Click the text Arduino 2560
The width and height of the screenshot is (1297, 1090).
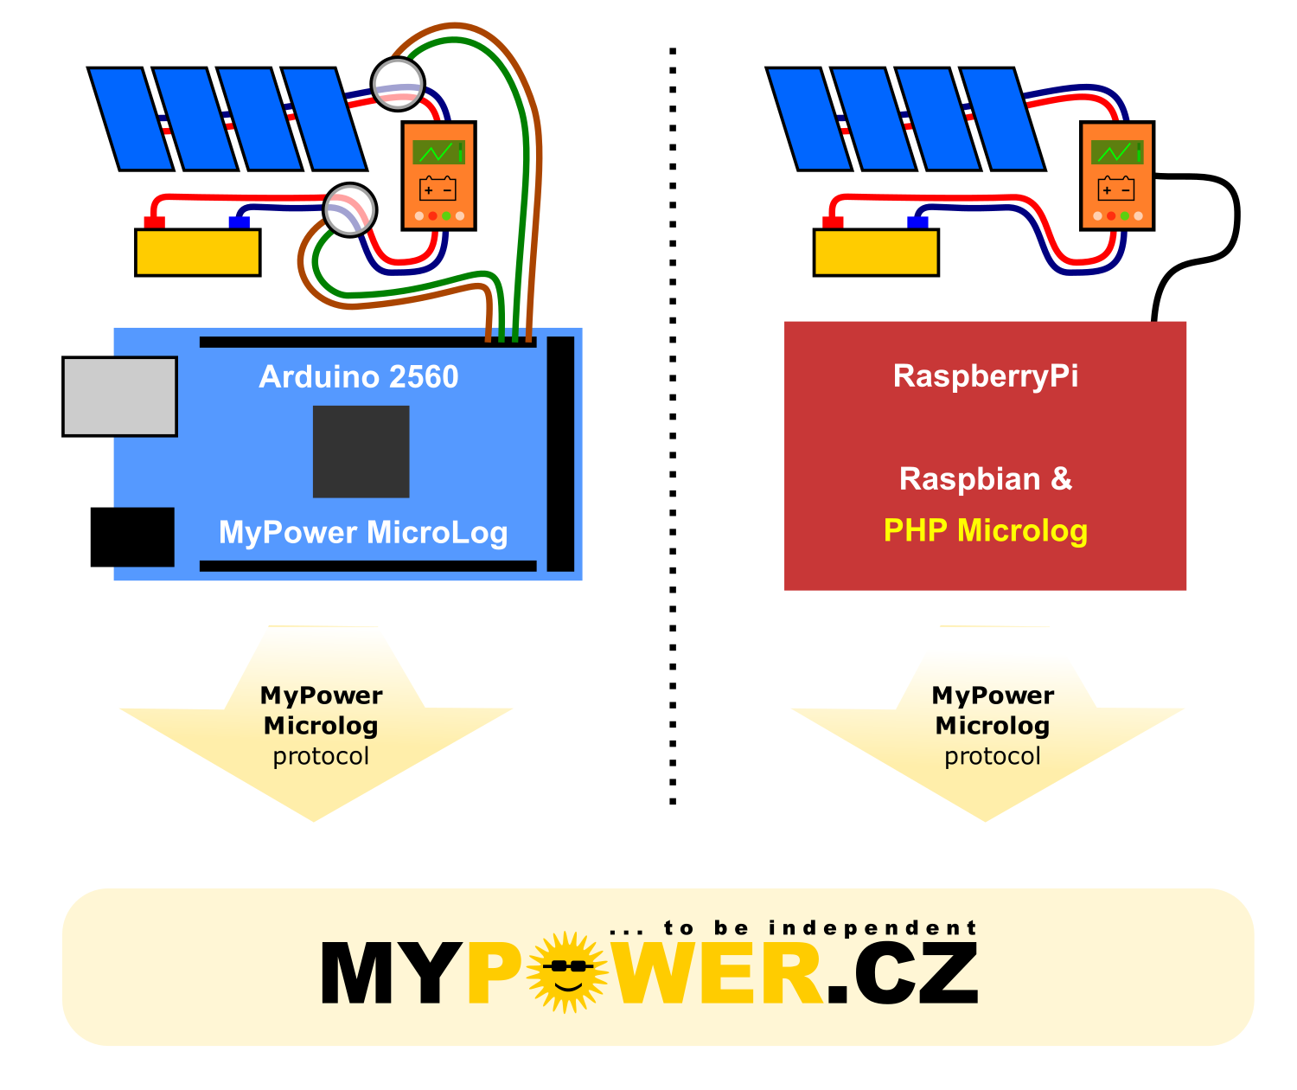359,376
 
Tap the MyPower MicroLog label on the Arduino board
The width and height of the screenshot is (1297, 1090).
363,533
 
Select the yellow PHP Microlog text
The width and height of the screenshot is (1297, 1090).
985,530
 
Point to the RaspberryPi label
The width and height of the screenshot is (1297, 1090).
985,376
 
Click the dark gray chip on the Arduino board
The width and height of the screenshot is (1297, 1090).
361,452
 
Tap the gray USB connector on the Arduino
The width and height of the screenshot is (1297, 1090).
120,396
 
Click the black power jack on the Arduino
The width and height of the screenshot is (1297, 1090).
132,537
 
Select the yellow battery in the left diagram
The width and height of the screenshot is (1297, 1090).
197,253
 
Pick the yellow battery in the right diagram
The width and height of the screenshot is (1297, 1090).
876,253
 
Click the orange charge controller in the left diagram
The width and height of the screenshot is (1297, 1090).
438,176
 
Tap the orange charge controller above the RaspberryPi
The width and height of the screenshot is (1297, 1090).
1117,176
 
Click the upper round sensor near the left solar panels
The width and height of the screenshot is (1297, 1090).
398,84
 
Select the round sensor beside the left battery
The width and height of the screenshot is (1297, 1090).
349,209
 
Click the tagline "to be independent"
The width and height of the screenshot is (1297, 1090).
820,928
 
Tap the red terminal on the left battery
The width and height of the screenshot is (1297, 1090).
155,222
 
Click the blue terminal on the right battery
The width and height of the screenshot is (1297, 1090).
917,222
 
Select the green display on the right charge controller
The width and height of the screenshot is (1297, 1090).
1117,152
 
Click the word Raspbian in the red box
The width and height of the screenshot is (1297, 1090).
969,480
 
